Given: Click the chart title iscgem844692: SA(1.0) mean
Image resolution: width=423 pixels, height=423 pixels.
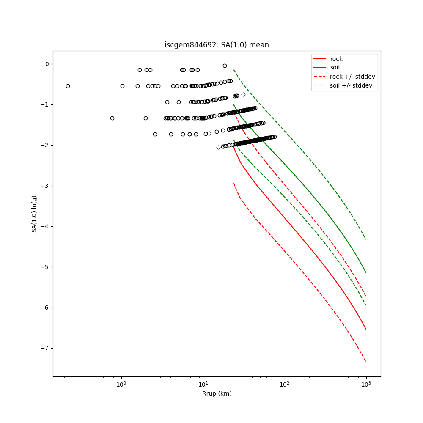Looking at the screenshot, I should (217, 45).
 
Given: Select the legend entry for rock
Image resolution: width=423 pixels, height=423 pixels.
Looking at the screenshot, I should (336, 59).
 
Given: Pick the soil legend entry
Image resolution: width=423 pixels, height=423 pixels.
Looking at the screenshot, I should (335, 68).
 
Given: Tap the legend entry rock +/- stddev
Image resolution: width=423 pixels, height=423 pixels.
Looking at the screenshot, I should (352, 77).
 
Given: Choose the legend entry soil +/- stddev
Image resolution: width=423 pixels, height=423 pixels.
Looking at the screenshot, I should (352, 85).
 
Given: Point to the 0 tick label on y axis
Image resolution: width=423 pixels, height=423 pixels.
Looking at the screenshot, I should (47, 64).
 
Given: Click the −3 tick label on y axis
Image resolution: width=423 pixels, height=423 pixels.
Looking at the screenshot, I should (45, 186).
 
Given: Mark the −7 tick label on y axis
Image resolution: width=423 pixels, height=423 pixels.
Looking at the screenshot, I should (45, 349).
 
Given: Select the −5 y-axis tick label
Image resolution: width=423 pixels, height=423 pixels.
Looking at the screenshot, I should (45, 267).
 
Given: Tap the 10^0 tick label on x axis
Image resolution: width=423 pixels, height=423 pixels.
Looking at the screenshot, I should (121, 385).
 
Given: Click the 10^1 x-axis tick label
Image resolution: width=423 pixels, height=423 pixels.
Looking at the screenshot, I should (203, 385).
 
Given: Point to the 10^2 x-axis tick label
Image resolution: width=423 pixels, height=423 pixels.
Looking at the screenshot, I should (285, 385).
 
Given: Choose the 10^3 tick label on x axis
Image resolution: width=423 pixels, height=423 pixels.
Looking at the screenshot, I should (366, 385).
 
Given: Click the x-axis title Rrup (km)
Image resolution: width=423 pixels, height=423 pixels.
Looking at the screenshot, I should (217, 393).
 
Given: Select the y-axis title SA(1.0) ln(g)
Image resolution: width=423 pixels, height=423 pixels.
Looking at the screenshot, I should (34, 214).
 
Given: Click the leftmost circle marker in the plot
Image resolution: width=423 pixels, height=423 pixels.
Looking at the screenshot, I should (68, 86).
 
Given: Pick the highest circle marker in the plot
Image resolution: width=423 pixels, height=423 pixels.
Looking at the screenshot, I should (225, 66).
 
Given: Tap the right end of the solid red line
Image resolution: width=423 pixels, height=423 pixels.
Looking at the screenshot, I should (366, 329).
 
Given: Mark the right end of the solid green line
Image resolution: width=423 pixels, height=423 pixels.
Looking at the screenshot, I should (366, 272).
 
